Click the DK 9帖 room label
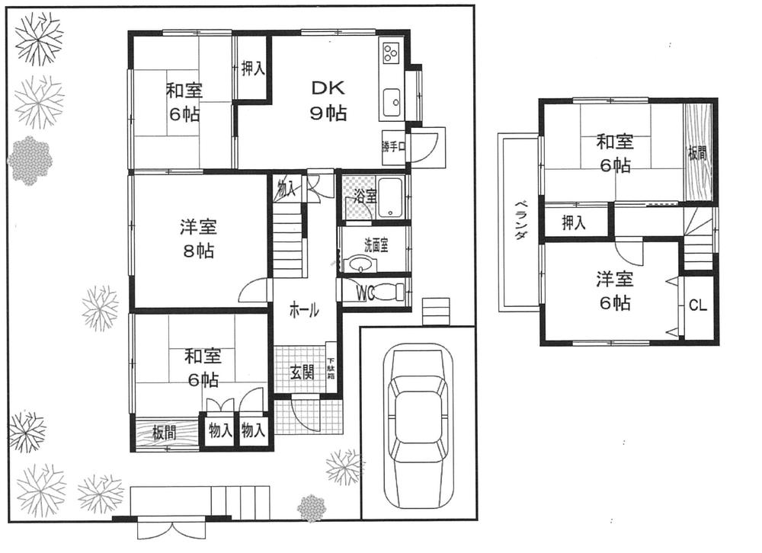point(328,100)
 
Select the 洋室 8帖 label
point(197,238)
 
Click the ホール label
point(303,311)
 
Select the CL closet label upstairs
point(697,305)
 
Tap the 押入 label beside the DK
point(253,69)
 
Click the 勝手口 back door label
point(392,146)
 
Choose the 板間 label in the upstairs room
point(697,152)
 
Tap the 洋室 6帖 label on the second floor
point(613,290)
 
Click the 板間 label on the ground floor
point(164,433)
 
